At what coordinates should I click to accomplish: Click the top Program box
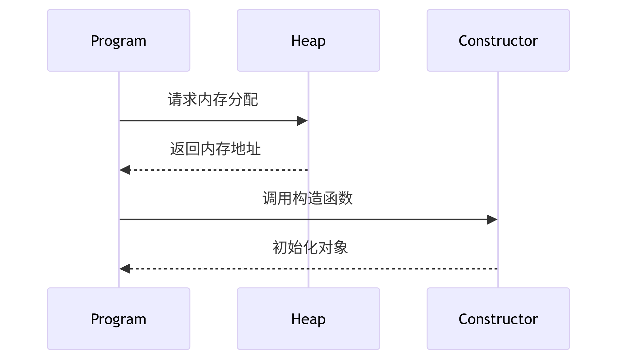point(118,40)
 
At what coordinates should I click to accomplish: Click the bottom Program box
point(118,319)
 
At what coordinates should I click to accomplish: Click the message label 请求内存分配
point(213,99)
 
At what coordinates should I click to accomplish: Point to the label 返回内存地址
point(215,149)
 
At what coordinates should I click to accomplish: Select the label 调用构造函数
point(308,198)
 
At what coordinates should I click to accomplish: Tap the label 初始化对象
point(310,248)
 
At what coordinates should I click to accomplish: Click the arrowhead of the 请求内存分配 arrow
point(302,121)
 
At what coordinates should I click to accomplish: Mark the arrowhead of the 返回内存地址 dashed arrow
point(125,170)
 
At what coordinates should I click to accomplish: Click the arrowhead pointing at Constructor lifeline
point(492,219)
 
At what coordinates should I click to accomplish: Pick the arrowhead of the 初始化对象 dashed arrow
point(125,269)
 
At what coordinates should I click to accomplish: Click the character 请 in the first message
point(175,99)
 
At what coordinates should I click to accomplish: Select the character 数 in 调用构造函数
point(346,198)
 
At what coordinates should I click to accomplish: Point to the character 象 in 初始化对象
point(340,248)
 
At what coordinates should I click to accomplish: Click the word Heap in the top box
point(308,41)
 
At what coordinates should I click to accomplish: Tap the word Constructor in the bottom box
point(498,319)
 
